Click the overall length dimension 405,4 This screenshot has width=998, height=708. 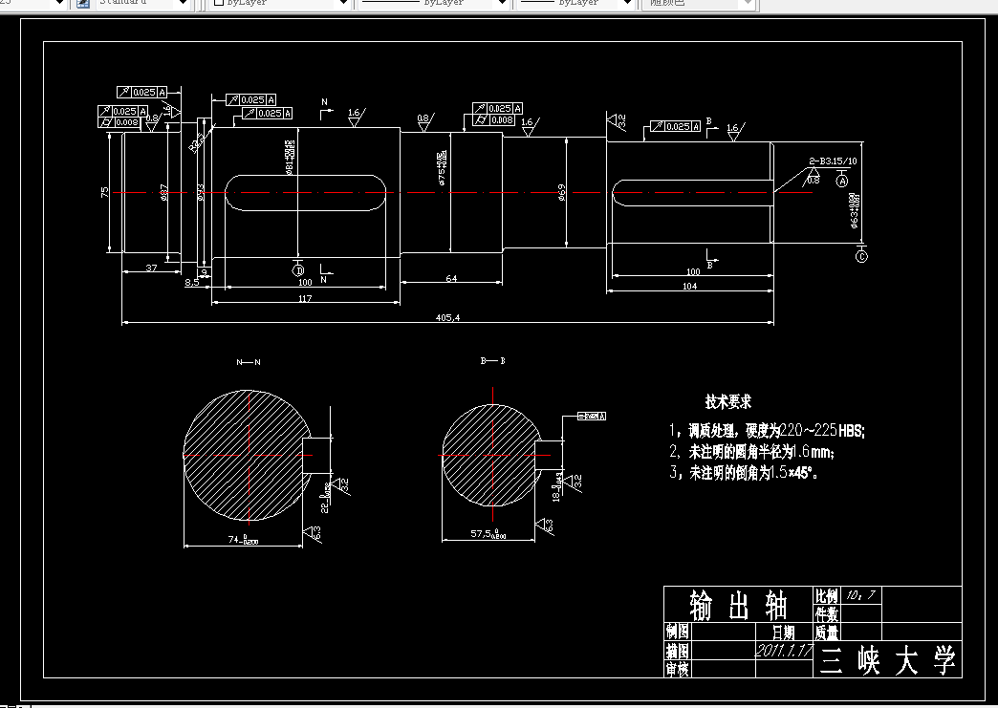tap(447, 317)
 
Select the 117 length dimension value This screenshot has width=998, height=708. tap(305, 297)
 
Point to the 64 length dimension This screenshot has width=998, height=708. tap(451, 278)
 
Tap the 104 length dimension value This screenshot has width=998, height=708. tap(689, 287)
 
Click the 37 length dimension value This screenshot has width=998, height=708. tap(152, 268)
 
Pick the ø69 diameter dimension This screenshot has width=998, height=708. tap(563, 194)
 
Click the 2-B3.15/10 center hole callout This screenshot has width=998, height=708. tap(833, 161)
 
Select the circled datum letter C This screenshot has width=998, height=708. tap(861, 256)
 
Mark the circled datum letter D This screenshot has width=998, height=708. tap(298, 270)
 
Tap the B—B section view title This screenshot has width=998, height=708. tap(492, 361)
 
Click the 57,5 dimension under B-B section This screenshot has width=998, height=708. tap(488, 533)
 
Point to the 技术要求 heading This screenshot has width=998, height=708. tap(728, 402)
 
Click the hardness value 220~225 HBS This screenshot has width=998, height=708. tap(822, 431)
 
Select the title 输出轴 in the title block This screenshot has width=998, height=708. tap(738, 604)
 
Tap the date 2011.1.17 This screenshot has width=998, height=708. tap(784, 650)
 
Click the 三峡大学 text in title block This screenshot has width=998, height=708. tap(888, 660)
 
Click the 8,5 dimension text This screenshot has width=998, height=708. tap(192, 283)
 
